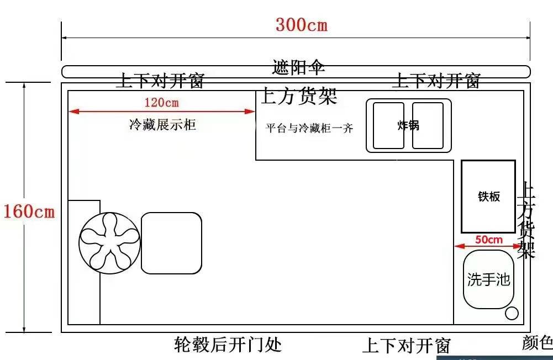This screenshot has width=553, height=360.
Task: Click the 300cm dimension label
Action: pyautogui.click(x=301, y=25)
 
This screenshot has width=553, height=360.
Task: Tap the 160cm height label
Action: pyautogui.click(x=29, y=211)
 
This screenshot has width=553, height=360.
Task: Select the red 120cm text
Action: pyautogui.click(x=161, y=102)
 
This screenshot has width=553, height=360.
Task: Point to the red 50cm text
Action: pyautogui.click(x=489, y=239)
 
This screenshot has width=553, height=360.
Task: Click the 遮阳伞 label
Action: pyautogui.click(x=299, y=67)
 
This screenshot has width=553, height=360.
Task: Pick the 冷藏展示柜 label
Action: pyautogui.click(x=162, y=125)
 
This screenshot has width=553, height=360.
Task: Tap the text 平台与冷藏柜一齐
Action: pyautogui.click(x=309, y=129)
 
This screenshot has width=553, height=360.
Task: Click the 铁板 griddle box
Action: pyautogui.click(x=488, y=196)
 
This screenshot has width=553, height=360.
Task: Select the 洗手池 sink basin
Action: pyautogui.click(x=488, y=279)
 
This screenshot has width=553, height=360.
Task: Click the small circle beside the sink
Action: pyautogui.click(x=512, y=313)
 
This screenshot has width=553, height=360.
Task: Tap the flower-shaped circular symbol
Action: pyautogui.click(x=109, y=243)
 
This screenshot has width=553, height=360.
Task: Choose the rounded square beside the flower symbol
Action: pyautogui.click(x=171, y=243)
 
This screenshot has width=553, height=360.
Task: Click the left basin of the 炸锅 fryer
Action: pyautogui.click(x=388, y=126)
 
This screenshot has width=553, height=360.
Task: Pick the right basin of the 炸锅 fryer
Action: pyautogui.click(x=428, y=126)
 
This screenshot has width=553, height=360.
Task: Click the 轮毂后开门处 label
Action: pyautogui.click(x=228, y=345)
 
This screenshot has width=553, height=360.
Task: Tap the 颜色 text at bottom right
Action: pyautogui.click(x=537, y=343)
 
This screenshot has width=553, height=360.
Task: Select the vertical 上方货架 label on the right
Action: pyautogui.click(x=527, y=221)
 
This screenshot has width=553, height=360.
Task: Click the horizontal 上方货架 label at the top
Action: pyautogui.click(x=299, y=97)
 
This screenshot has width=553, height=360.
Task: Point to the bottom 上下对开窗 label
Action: pyautogui.click(x=406, y=346)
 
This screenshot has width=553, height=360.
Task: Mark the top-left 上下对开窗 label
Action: pyautogui.click(x=160, y=81)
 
